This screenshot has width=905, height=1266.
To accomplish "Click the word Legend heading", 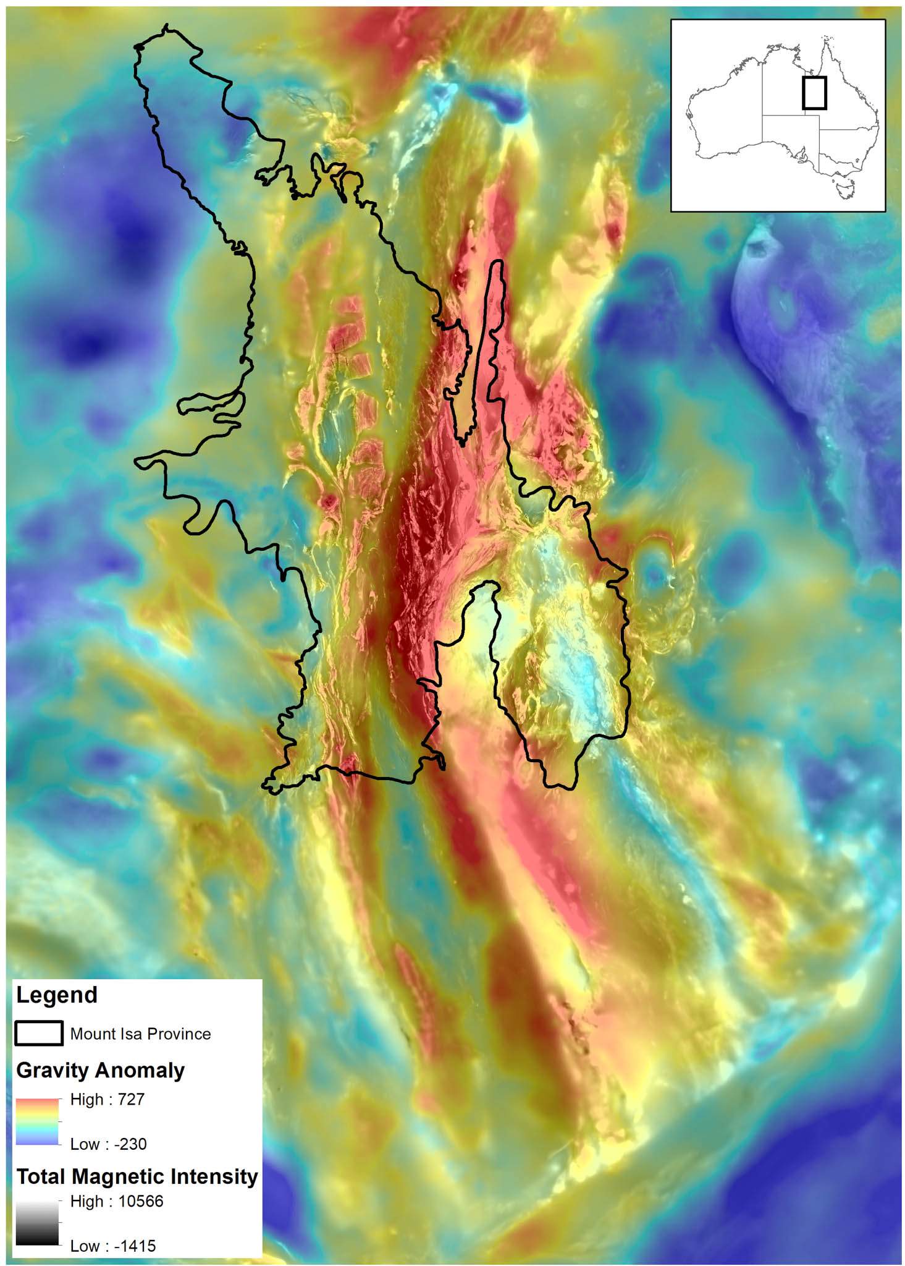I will (57, 995).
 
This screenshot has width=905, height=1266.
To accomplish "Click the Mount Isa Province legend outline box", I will (38, 1033).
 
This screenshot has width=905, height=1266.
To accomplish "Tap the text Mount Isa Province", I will (140, 1034).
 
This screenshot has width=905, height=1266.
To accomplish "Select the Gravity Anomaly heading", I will (100, 1071).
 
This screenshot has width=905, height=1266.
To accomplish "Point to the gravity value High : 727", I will (107, 1100).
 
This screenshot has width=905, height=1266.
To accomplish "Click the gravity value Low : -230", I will (108, 1144).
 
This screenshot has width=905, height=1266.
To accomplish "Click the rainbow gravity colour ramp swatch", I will (37, 1122).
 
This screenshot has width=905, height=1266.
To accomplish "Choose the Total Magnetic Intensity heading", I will (137, 1176).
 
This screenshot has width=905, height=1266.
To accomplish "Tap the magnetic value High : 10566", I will (117, 1202).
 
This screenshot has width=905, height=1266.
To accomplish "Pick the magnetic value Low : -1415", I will (113, 1246).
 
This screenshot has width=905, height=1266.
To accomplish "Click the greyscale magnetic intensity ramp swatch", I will (37, 1223).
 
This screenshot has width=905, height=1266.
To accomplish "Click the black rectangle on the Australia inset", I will (814, 93).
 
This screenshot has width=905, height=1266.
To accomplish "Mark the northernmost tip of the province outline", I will (167, 26).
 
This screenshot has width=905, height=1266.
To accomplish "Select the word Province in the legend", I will (179, 1034).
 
